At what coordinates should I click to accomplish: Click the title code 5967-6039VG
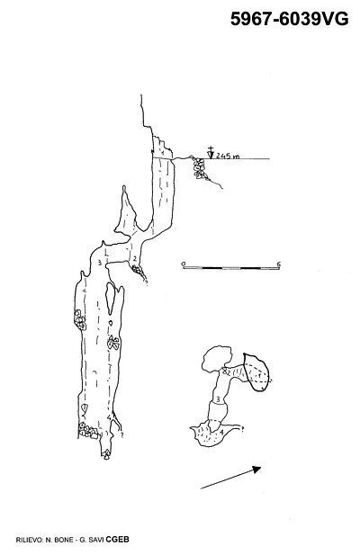[x=289, y=19]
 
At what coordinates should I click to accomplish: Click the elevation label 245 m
[x=228, y=156]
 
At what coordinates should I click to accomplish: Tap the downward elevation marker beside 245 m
[x=211, y=152]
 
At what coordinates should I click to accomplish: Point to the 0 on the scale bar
[x=184, y=264]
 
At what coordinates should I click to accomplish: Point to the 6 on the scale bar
[x=279, y=264]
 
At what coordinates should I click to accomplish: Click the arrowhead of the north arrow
[x=256, y=470]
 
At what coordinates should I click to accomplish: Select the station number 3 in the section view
[x=100, y=263]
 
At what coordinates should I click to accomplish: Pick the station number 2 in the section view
[x=134, y=259]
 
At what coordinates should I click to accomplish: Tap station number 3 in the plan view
[x=218, y=399]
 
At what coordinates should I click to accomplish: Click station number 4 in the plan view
[x=221, y=432]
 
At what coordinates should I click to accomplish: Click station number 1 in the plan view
[x=259, y=374]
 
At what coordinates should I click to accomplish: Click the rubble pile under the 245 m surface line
[x=200, y=168]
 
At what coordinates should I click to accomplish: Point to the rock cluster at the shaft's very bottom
[x=106, y=454]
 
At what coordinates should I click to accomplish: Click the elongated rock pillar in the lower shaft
[x=110, y=298]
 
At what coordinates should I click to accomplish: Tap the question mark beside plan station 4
[x=243, y=429]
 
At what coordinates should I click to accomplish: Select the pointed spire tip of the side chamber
[x=124, y=186]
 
